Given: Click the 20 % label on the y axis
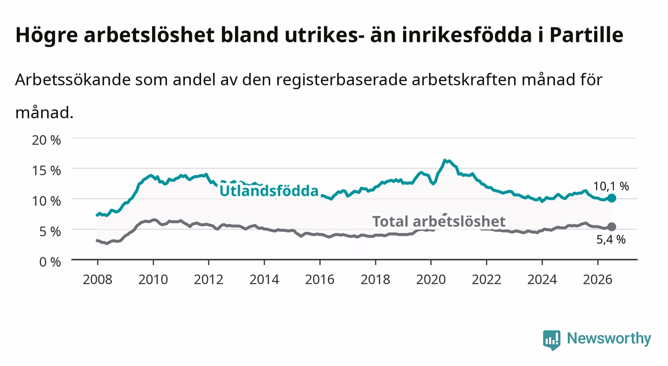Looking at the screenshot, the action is [46, 140].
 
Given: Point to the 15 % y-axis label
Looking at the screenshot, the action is [46, 171].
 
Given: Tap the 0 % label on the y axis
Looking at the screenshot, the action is [50, 262].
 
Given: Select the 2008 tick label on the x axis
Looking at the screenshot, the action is [98, 280].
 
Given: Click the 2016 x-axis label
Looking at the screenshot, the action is [320, 280].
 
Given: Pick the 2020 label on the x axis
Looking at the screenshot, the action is [431, 280].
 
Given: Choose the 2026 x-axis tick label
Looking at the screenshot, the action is [598, 280].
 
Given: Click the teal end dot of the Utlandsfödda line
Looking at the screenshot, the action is [612, 198].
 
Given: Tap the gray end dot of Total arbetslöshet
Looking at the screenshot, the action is [612, 227].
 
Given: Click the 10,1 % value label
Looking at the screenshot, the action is [611, 186].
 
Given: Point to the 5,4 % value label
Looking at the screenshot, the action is [611, 239].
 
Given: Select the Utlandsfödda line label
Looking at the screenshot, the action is [269, 190].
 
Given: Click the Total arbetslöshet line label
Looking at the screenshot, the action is [439, 221].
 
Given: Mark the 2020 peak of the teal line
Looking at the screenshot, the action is [444, 161].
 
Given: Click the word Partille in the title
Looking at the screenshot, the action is [586, 35].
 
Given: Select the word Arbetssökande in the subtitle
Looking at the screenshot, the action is [73, 80].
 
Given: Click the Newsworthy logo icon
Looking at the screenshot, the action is [552, 340].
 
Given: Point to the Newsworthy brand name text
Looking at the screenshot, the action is [609, 339].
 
